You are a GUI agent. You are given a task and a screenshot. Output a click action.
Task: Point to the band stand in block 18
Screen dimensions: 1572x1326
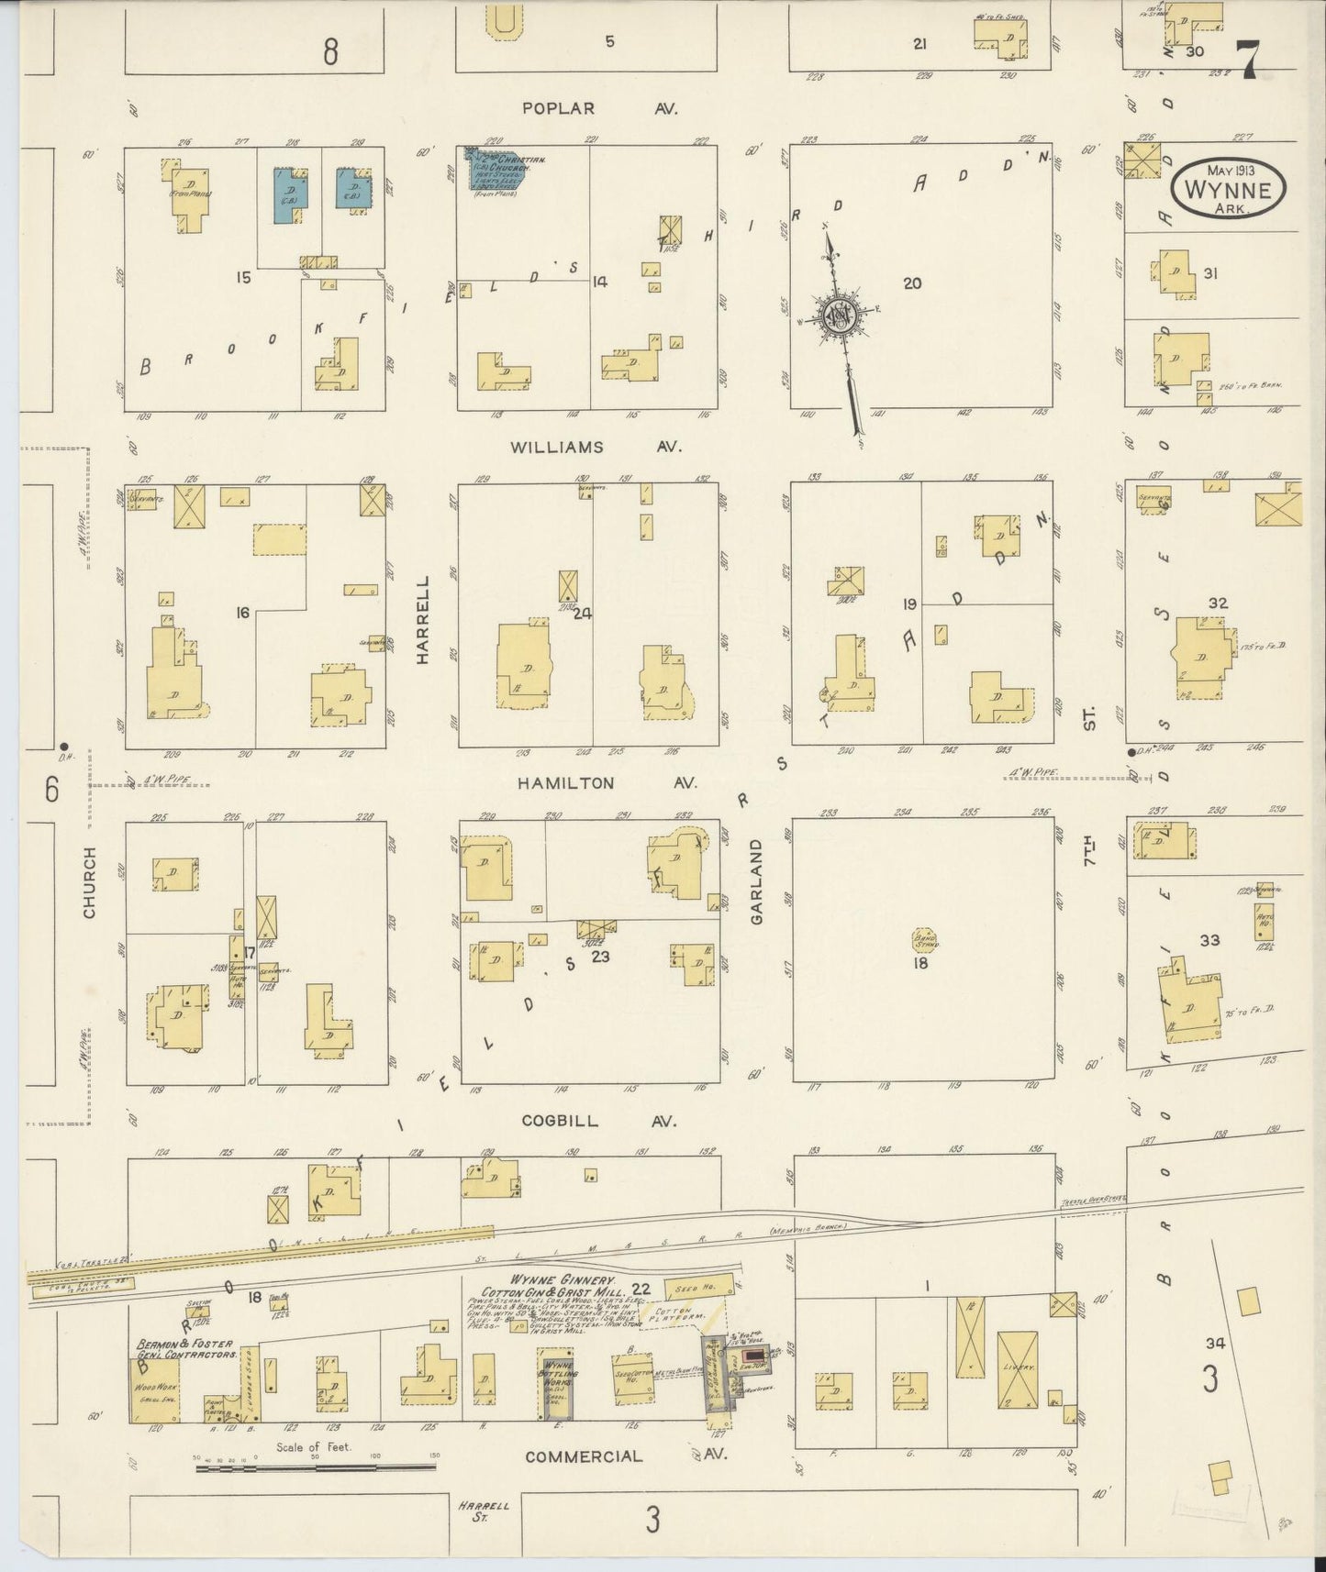[x=923, y=940]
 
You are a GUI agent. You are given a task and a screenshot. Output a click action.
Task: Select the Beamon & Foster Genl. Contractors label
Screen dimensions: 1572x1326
[x=186, y=1348]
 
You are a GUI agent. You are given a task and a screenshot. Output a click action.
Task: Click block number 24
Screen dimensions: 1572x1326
[x=582, y=614]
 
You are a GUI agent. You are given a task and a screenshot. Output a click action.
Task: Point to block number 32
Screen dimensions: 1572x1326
[x=1219, y=603]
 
